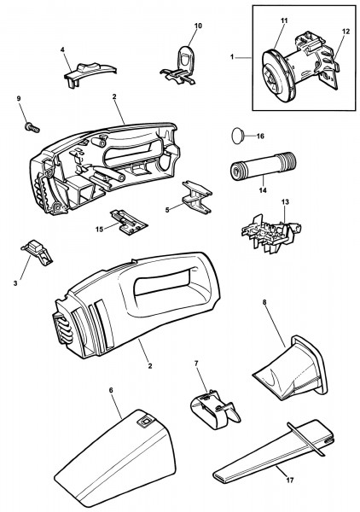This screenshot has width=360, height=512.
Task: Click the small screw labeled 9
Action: click(x=32, y=127)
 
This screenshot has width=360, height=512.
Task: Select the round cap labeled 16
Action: click(x=238, y=135)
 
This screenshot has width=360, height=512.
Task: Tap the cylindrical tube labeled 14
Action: click(x=264, y=167)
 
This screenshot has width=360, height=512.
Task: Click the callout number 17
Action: click(x=289, y=480)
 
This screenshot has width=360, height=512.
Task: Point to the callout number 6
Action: click(x=111, y=390)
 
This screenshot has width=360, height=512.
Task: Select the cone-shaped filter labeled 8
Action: click(x=291, y=369)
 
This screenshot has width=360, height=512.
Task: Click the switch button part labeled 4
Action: click(x=89, y=75)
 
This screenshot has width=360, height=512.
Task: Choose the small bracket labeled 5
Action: click(x=197, y=197)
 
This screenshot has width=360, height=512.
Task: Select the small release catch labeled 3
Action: click(x=37, y=251)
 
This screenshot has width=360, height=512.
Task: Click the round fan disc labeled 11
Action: click(x=275, y=69)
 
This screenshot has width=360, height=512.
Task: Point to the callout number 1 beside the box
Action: click(x=232, y=57)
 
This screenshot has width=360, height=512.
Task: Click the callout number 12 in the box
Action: click(x=345, y=32)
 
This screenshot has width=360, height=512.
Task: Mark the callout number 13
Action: click(x=285, y=202)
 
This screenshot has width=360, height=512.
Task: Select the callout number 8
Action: click(x=264, y=302)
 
